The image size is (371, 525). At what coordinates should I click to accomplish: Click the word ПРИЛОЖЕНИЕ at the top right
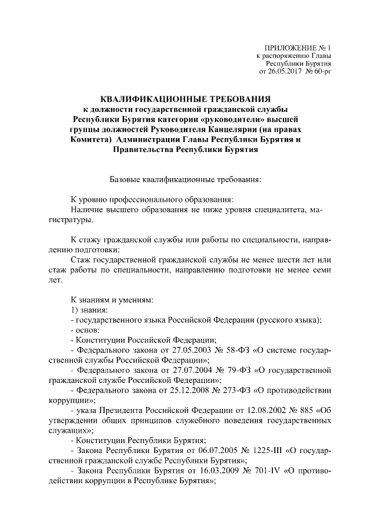pos(288,47)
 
